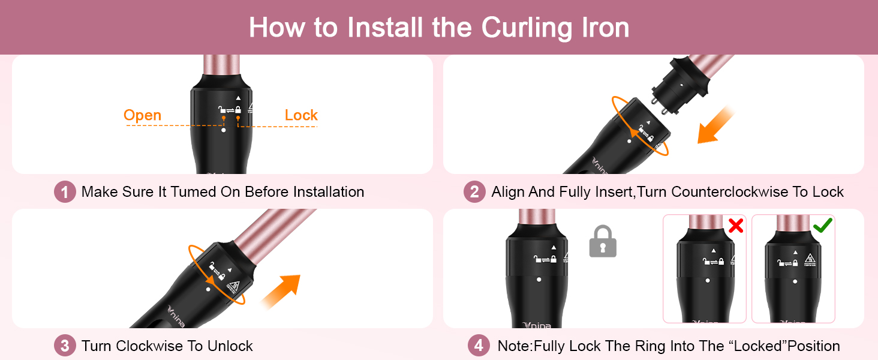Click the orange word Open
pos(142,115)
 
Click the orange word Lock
pos(301,115)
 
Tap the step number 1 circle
pos(65,192)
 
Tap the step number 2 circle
pos(474,192)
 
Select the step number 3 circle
pos(65,346)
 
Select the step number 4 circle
pos(478,346)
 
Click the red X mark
pos(735,226)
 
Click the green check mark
pos(822,226)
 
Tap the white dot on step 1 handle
pos(223,130)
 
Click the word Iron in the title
pos(600,28)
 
